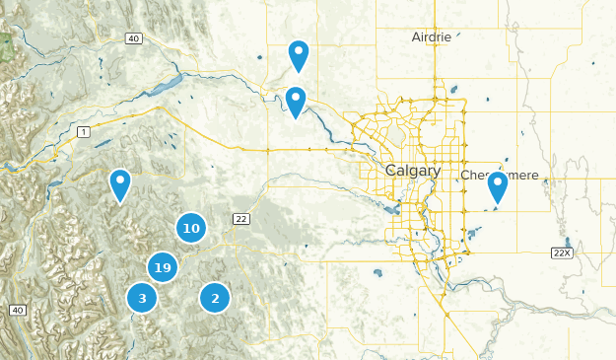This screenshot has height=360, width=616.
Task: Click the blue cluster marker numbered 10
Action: tap(191, 229)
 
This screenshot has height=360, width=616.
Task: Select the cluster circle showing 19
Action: tap(164, 267)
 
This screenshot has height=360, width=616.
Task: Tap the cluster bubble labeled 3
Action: tap(142, 297)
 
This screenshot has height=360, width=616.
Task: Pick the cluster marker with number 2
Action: tap(215, 297)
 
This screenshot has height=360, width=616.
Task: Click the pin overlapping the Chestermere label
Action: tap(498, 186)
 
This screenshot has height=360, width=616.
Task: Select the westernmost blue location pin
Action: tap(119, 183)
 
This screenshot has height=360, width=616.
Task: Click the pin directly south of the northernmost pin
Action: tap(295, 101)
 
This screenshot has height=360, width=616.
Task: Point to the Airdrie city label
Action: tap(431, 36)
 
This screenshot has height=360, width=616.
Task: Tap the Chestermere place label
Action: tap(500, 175)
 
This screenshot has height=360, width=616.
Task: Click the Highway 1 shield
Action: tap(84, 131)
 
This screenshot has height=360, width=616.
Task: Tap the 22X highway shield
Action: tap(562, 253)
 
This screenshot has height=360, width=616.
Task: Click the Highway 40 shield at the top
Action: tap(134, 38)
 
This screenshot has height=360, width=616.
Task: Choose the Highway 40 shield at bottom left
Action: tap(17, 311)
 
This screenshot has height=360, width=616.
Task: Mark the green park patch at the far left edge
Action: tap(6, 44)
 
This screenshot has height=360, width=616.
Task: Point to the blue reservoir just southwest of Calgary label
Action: tap(392, 208)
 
